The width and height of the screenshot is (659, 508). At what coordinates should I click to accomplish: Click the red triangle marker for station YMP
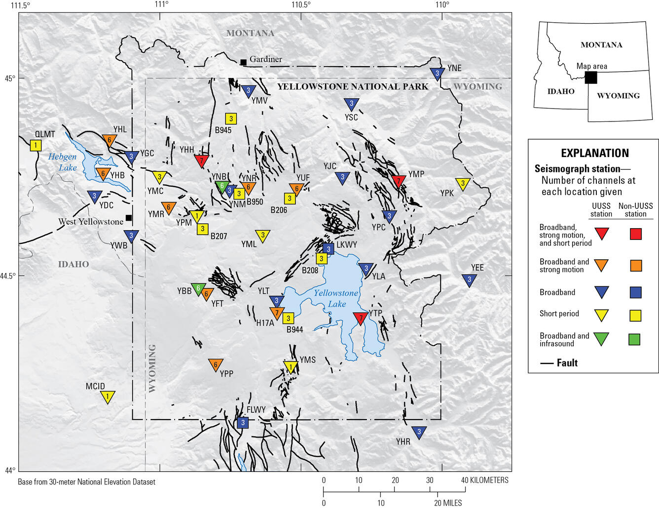tap(399, 181)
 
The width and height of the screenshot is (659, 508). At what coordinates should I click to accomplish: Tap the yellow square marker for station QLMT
tap(36, 145)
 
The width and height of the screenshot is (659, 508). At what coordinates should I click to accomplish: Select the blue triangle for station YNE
tap(437, 74)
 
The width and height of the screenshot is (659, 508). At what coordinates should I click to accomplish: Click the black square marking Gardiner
tap(243, 62)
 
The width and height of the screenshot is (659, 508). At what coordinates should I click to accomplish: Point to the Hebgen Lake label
tap(63, 162)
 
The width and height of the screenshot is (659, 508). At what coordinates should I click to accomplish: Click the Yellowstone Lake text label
tap(336, 298)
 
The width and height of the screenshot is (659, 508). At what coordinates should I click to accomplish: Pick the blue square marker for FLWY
tap(242, 423)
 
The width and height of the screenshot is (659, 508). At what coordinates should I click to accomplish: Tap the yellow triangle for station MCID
tap(108, 396)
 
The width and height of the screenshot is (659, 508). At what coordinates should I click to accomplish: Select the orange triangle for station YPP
tap(215, 365)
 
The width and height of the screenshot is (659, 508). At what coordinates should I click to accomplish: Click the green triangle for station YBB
tap(198, 289)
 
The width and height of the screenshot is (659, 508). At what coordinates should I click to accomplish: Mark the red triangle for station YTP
tap(360, 318)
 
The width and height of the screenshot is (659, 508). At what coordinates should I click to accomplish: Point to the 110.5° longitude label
tap(301, 5)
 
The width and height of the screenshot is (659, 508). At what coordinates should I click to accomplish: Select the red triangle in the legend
tap(601, 233)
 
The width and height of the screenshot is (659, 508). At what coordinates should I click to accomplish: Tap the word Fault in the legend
tap(567, 363)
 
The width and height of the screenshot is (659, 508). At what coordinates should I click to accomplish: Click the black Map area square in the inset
tap(591, 78)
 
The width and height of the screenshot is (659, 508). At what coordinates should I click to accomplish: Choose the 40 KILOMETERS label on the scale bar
tap(484, 480)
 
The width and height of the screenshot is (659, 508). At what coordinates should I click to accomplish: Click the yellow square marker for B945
tap(231, 118)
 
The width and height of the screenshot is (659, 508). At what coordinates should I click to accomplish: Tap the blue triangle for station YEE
tap(469, 280)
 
